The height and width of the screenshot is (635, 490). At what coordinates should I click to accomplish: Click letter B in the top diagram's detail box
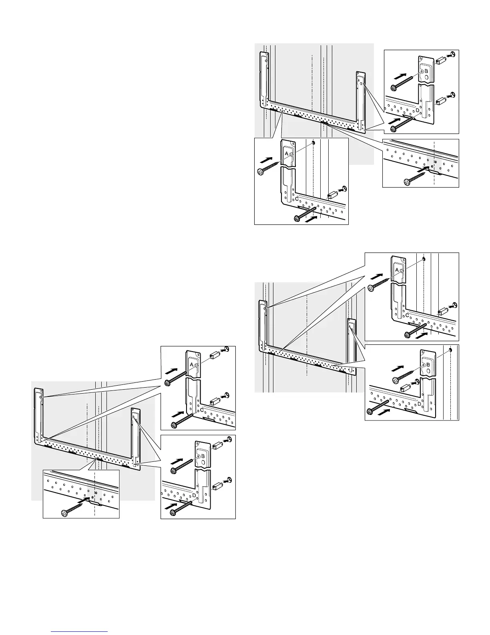(426, 71)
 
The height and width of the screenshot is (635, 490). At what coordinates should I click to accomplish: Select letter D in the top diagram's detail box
(417, 109)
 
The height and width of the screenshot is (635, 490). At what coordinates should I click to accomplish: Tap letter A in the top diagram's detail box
(287, 154)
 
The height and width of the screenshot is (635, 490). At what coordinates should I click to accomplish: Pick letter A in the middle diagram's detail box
(397, 270)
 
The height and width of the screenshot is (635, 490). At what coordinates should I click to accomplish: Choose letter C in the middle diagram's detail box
(407, 315)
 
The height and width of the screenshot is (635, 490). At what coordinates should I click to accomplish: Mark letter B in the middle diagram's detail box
(428, 364)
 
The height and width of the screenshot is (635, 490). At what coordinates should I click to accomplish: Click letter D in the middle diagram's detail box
(419, 404)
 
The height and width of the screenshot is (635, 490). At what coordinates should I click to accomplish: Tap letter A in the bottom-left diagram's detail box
(192, 364)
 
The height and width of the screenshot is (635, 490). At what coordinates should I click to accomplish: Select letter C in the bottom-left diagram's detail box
(202, 410)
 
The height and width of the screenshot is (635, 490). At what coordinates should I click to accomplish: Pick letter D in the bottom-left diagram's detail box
(194, 496)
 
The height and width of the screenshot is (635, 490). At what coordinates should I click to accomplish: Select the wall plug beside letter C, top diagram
(333, 194)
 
